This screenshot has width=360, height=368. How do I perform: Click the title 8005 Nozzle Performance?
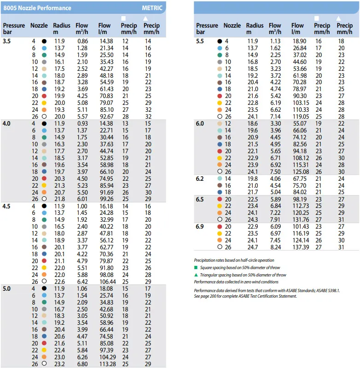click(37, 8)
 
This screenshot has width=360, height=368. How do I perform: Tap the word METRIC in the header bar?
click(152, 8)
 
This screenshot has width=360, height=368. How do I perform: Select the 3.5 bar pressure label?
click(8, 41)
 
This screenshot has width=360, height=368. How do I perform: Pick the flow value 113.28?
click(107, 363)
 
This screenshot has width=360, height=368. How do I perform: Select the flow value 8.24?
click(275, 247)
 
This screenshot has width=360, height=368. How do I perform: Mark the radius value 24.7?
click(252, 247)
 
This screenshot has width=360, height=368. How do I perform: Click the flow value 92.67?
click(107, 116)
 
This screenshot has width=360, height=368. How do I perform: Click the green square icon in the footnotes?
click(196, 267)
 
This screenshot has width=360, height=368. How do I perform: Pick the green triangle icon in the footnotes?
click(196, 275)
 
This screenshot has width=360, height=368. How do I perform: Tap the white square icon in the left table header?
click(123, 18)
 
